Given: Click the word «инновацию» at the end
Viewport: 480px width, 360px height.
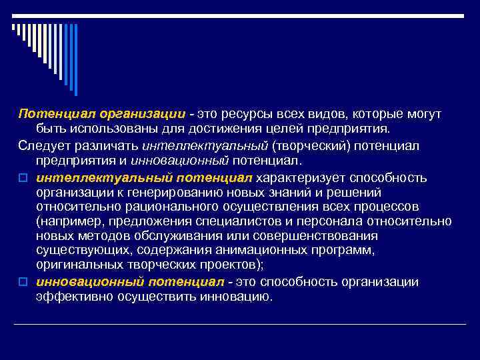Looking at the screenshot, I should pos(236,296).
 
